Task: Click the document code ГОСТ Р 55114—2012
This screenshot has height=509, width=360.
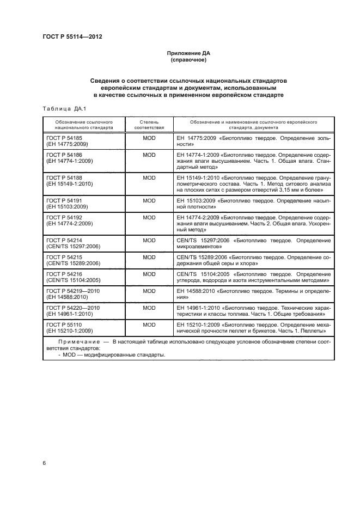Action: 72,36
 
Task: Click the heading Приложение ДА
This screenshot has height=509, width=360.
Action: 187,53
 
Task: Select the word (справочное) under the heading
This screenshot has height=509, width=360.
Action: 187,60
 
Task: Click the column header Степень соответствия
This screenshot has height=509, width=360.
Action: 149,125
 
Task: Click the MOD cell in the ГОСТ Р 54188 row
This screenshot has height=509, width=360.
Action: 149,177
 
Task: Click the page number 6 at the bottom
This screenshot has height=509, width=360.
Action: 44,463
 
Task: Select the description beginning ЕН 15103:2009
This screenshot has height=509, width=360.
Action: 253,204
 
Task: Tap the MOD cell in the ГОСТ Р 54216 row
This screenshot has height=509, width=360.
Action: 149,274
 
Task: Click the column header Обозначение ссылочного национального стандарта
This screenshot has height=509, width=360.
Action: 84,125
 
